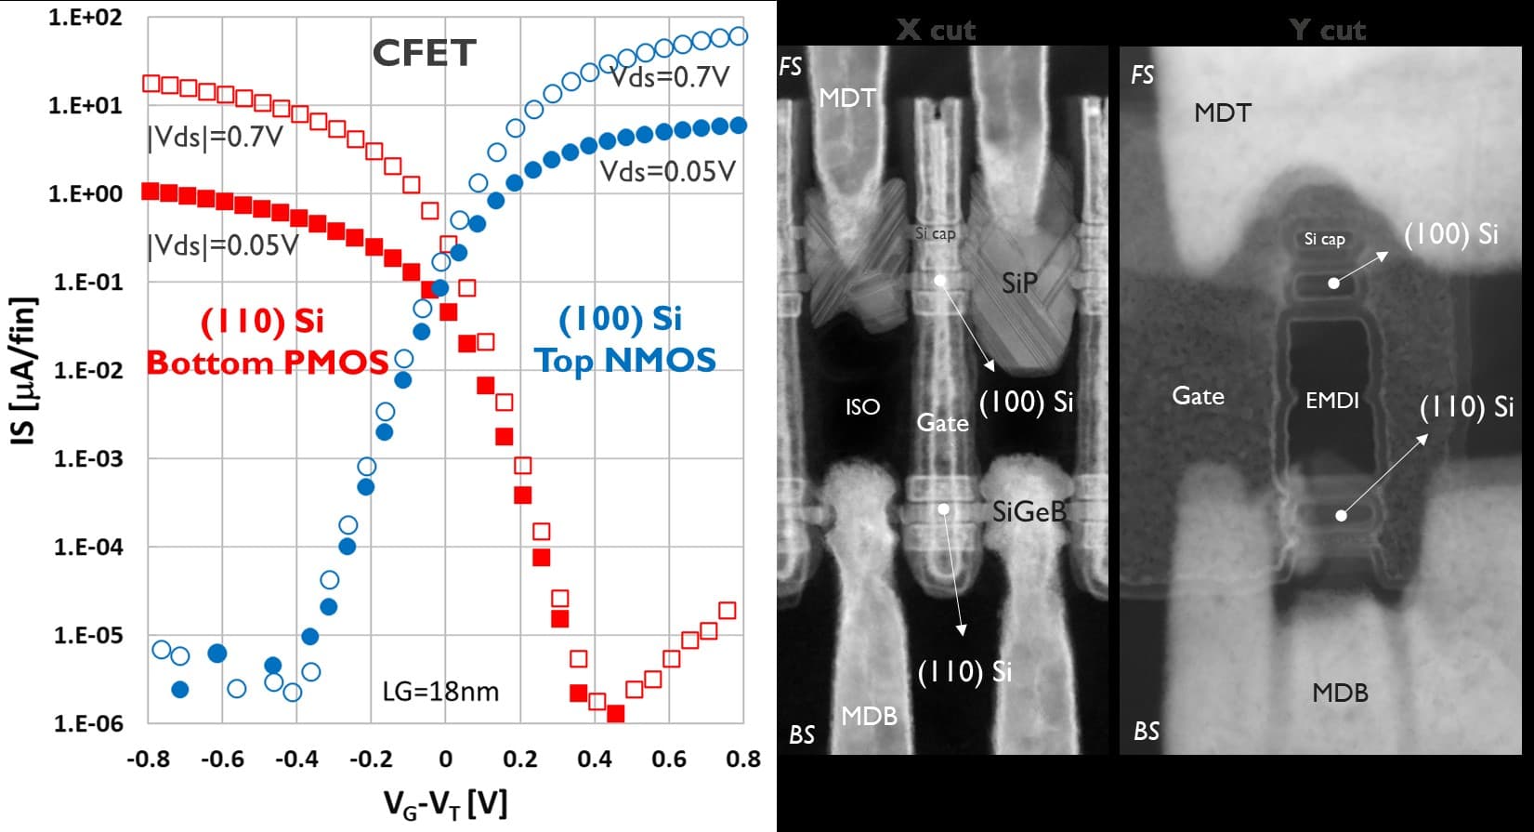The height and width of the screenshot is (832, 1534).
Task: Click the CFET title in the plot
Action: point(425,53)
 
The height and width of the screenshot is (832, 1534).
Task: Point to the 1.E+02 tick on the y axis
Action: point(85,18)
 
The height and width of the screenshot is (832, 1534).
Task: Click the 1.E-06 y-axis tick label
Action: point(88,723)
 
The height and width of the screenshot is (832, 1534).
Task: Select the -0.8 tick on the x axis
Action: point(148,759)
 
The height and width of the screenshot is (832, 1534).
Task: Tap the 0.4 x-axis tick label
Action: point(595,759)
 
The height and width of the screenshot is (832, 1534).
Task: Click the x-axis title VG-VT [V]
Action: point(446,801)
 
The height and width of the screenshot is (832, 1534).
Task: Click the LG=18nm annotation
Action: point(440,692)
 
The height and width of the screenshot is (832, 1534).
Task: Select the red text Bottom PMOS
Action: point(268,363)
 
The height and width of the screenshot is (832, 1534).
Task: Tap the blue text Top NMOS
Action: point(625,361)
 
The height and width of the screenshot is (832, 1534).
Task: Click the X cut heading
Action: point(936,30)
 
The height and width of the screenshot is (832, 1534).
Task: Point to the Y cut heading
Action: point(1327,30)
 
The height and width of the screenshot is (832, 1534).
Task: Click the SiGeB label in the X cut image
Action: point(1029,511)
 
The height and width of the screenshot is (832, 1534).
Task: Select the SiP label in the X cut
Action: point(1019,283)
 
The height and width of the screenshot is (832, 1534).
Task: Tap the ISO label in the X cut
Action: point(862,406)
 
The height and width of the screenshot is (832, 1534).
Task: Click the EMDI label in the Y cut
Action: point(1331,401)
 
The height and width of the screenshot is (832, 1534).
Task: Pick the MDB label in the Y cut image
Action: point(1340,693)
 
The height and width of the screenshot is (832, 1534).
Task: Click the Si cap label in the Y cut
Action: point(1324,239)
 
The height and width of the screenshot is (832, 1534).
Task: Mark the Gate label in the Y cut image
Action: point(1198,397)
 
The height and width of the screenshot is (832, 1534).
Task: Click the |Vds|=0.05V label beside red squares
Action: point(223,245)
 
